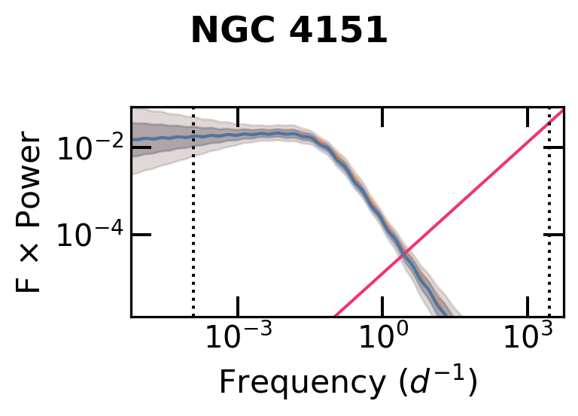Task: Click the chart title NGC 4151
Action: (x=289, y=32)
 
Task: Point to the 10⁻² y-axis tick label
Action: (x=89, y=149)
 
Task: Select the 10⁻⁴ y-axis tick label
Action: (x=89, y=237)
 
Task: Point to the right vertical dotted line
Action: (x=549, y=226)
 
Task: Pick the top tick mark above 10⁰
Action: (x=382, y=117)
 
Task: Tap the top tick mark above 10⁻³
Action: (x=238, y=117)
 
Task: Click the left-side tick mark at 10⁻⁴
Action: (x=141, y=235)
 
